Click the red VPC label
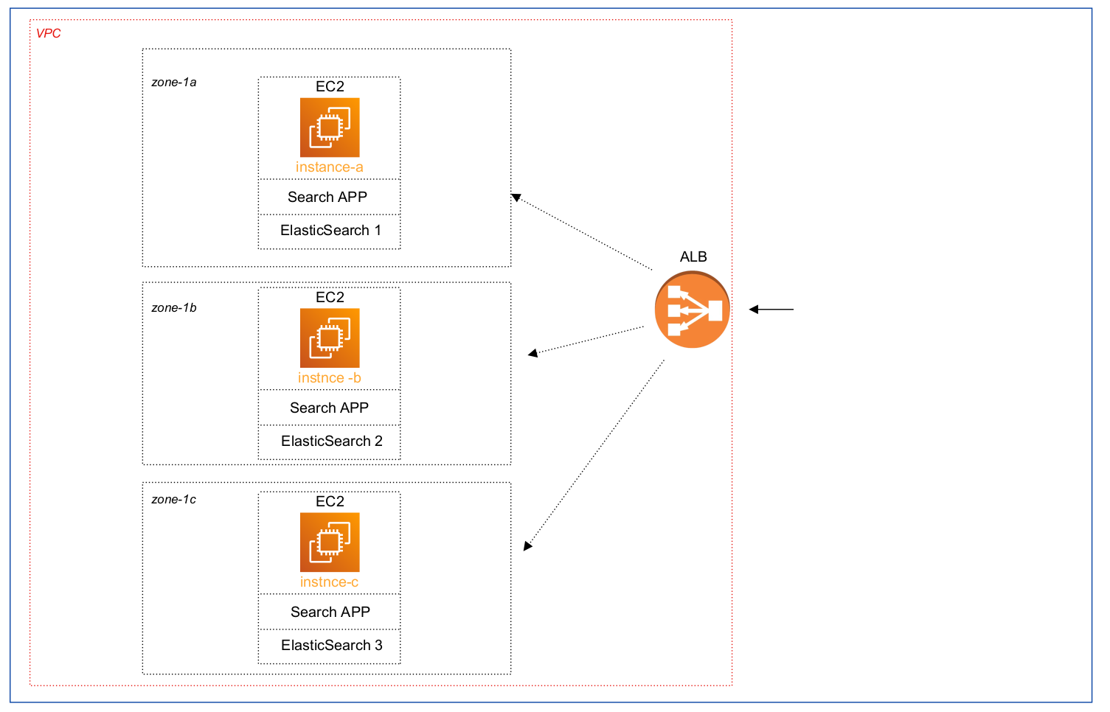click(x=49, y=34)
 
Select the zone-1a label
click(x=174, y=83)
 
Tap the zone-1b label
click(x=174, y=308)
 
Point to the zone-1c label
click(x=174, y=500)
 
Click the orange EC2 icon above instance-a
click(x=330, y=128)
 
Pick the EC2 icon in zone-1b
click(x=330, y=338)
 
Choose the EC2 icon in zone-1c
click(x=330, y=542)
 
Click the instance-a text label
click(x=330, y=167)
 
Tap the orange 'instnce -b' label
click(x=330, y=378)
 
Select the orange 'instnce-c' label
click(x=330, y=582)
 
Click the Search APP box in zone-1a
click(x=329, y=198)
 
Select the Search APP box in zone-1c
click(x=330, y=612)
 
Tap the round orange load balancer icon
click(x=692, y=310)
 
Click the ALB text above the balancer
click(x=693, y=257)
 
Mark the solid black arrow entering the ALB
click(x=771, y=310)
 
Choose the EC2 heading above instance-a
click(x=330, y=87)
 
